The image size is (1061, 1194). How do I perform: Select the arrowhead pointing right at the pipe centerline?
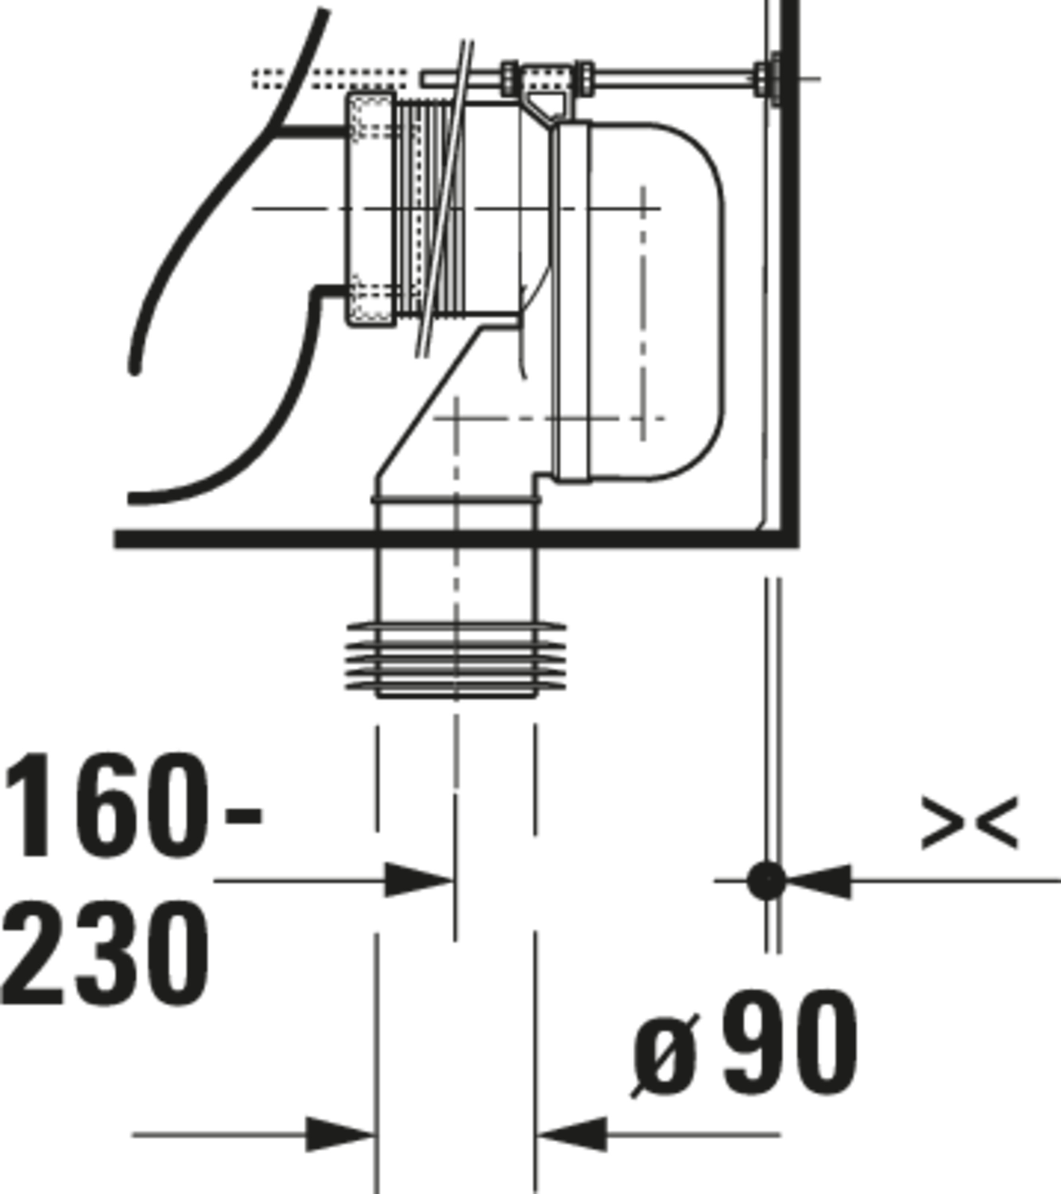tap(418, 880)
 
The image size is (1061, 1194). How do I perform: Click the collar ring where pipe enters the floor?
tap(456, 499)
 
